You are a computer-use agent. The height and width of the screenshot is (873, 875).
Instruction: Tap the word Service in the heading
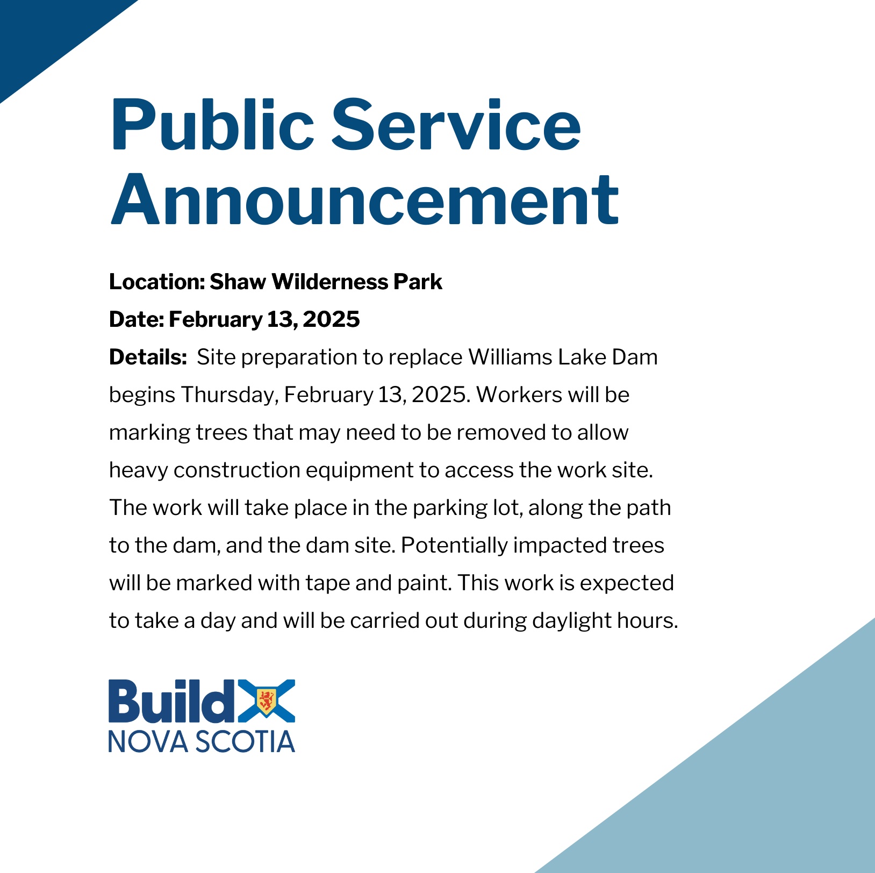(x=456, y=124)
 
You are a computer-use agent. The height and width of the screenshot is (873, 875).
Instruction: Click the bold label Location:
(x=157, y=282)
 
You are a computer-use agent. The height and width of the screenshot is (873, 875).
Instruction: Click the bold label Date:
(x=137, y=319)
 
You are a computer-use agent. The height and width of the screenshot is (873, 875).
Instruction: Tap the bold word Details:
(x=148, y=357)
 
